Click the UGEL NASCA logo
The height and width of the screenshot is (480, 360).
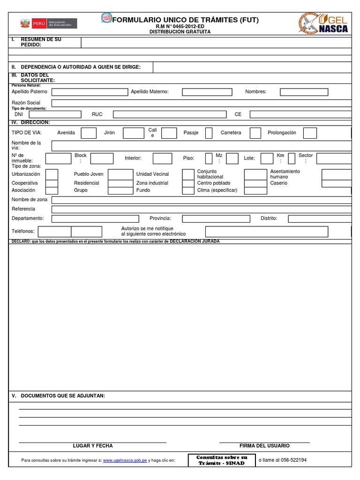point(323,23)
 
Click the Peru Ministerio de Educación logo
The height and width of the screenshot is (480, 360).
point(48,23)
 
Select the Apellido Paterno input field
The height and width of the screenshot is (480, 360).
point(89,92)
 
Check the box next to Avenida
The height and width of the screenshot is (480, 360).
point(89,133)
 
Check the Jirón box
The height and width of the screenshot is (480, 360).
point(133,133)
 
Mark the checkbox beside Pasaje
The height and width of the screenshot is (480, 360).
point(209,133)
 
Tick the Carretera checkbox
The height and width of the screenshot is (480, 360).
point(255,133)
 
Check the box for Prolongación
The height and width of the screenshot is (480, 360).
point(310,133)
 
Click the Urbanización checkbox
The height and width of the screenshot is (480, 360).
point(52,174)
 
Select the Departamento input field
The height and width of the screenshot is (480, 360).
point(95,218)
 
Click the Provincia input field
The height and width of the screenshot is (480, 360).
point(216,218)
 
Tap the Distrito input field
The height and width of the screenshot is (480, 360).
point(320,218)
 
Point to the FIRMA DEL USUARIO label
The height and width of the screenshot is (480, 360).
point(264,446)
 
